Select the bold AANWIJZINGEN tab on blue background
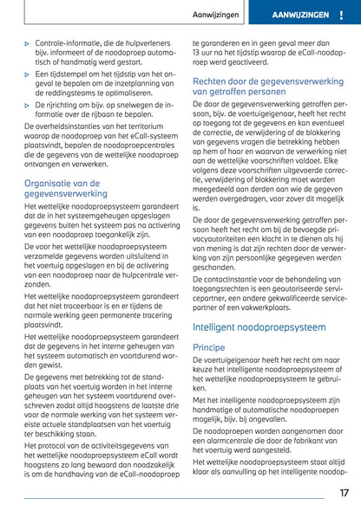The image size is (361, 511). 300,16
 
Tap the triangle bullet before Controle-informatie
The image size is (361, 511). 27,42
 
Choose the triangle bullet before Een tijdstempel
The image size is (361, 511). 27,74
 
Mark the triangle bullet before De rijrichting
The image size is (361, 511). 27,105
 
